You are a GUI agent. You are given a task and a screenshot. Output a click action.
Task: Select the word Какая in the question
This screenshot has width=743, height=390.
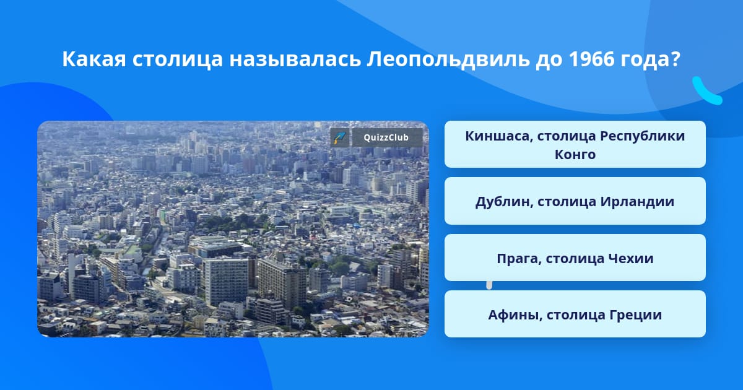point(94,59)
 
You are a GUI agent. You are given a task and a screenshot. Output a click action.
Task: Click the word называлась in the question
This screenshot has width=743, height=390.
point(295,59)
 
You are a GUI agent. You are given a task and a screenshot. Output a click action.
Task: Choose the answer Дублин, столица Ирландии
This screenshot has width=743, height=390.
point(575,201)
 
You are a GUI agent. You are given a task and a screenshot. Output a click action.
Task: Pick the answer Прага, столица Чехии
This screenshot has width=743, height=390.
point(575,258)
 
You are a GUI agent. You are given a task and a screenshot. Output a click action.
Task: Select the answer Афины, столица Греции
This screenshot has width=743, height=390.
point(575,314)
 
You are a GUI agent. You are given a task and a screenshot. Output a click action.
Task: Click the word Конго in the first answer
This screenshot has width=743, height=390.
point(575,154)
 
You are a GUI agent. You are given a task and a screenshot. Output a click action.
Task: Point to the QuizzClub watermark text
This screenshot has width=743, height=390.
point(386,137)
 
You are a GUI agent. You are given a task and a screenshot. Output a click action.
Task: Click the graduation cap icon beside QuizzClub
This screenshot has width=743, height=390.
point(340,137)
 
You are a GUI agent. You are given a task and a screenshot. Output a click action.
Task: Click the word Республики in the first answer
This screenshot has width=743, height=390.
point(643,137)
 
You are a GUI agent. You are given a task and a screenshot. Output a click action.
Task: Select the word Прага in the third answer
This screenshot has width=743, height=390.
point(519,259)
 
